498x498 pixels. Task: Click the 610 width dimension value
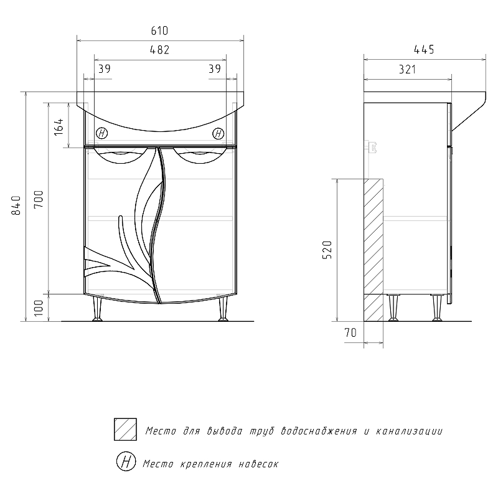coord(159,31)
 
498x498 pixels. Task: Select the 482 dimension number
coord(159,50)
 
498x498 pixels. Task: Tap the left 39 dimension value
coord(104,68)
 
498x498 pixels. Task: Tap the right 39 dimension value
coord(215,68)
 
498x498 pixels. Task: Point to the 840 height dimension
coord(16,205)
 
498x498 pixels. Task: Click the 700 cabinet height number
coord(39,199)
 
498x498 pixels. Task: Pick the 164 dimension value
coord(59,127)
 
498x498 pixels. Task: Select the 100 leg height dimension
coord(39,308)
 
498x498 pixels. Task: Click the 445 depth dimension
coord(424,50)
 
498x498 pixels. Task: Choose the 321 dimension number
coord(408,69)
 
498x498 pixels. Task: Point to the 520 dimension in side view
coord(327,250)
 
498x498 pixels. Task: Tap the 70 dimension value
coord(350,332)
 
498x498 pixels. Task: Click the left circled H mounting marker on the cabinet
coord(101,133)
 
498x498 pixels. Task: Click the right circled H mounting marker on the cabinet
coord(218,133)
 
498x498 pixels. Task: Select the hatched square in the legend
coord(126,430)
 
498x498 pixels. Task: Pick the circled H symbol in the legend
coord(126,461)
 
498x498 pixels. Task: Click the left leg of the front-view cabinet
coord(97,309)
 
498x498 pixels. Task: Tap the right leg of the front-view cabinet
coord(223,309)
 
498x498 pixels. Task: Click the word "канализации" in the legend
coord(410,431)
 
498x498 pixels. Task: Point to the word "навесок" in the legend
coord(258,464)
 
